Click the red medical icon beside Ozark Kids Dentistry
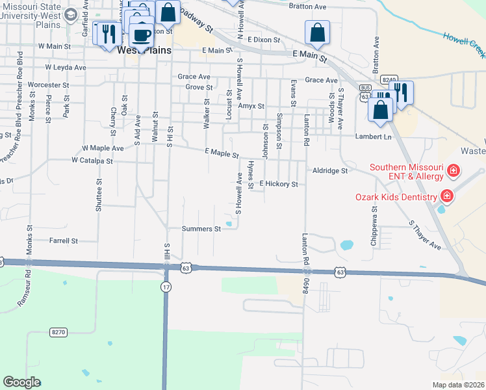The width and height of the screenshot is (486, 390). pyautogui.click(x=446, y=196)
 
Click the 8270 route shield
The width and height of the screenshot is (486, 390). pyautogui.click(x=58, y=332)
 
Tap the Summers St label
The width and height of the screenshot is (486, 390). pyautogui.click(x=197, y=229)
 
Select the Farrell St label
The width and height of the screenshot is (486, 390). pyautogui.click(x=63, y=240)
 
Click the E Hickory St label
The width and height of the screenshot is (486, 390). pyautogui.click(x=278, y=184)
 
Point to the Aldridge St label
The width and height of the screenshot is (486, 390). pyautogui.click(x=331, y=170)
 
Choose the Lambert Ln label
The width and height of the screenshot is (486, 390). pyautogui.click(x=374, y=136)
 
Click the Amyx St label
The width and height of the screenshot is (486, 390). pyautogui.click(x=251, y=105)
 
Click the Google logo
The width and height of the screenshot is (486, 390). pyautogui.click(x=21, y=382)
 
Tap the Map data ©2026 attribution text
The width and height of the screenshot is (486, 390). pyautogui.click(x=458, y=385)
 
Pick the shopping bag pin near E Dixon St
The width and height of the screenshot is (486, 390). pyautogui.click(x=317, y=33)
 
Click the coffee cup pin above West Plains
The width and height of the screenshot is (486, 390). pyautogui.click(x=141, y=34)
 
